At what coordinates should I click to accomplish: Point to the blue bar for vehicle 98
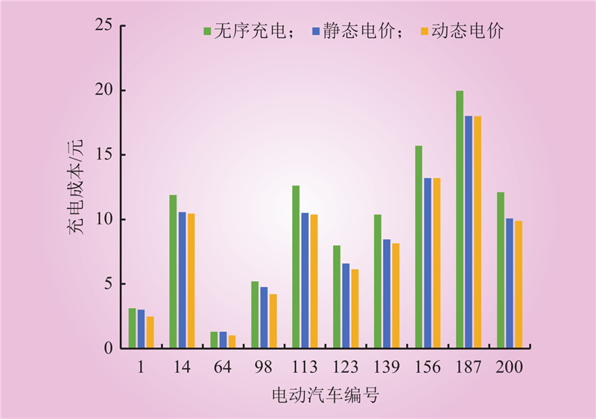pos(264,318)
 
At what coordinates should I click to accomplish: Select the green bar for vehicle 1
pos(132,328)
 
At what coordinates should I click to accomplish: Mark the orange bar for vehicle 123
pos(355,309)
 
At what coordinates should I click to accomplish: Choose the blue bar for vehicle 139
pos(387,294)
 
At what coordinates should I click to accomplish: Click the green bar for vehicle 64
pos(214,340)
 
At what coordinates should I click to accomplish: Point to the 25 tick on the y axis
pos(104,26)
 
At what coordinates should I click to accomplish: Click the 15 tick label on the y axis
pos(104,155)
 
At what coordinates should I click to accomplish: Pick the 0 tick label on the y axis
pos(109,348)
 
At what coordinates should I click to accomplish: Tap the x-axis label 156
pos(428,368)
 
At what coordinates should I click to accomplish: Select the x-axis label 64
pos(223,368)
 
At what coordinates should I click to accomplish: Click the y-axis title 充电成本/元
pos(76,187)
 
